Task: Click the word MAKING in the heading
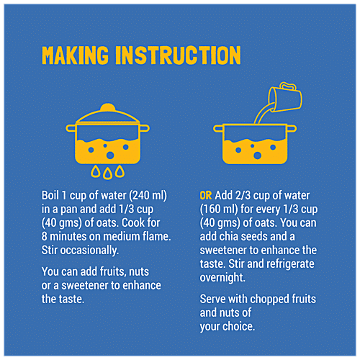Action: pos(75,55)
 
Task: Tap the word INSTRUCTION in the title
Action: pos(178,55)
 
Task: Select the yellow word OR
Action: pos(206,196)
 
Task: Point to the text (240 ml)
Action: pos(148,196)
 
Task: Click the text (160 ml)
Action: pos(219,210)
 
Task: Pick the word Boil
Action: pos(50,195)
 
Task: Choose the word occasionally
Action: pos(89,251)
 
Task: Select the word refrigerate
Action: pos(291,264)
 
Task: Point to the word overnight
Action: pos(222,278)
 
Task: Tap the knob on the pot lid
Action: pos(107,107)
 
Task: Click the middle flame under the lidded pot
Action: pos(108,174)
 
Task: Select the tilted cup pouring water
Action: pos(286,96)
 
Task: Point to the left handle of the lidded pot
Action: pos(71,128)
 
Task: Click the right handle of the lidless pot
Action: pos(292,129)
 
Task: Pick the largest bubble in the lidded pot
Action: pos(110,156)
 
